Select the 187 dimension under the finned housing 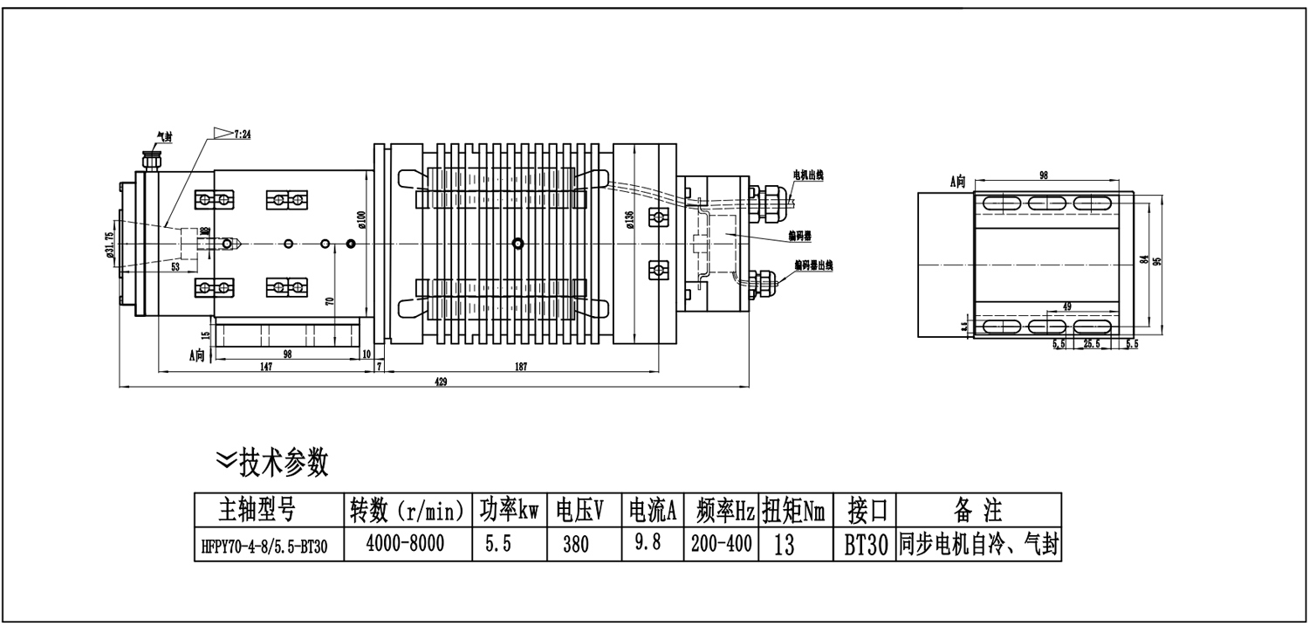(521, 368)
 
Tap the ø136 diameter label (630, 219)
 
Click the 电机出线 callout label (807, 175)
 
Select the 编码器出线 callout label (812, 265)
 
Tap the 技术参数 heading (284, 461)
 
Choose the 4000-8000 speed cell (405, 544)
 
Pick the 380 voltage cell (576, 546)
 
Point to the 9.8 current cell (646, 543)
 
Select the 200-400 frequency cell (722, 544)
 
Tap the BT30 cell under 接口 (866, 546)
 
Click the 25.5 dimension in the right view (1091, 344)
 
